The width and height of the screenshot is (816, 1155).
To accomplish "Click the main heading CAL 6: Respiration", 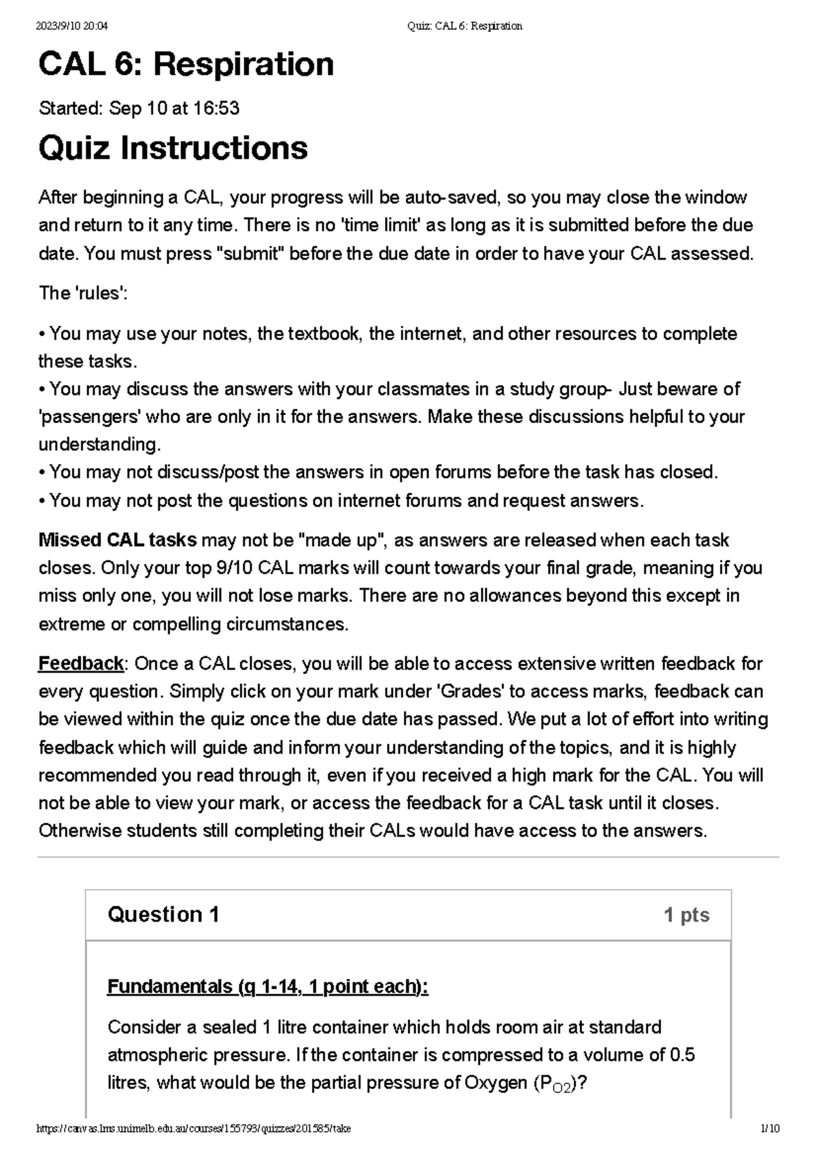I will pyautogui.click(x=186, y=65).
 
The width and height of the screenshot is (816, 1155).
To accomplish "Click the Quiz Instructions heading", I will pyautogui.click(x=173, y=148).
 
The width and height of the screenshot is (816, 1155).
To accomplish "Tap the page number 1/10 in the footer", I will pyautogui.click(x=770, y=1128).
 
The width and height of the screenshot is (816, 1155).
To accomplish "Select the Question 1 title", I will pyautogui.click(x=163, y=914).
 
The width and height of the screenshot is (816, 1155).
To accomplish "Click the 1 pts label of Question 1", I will pyautogui.click(x=686, y=915).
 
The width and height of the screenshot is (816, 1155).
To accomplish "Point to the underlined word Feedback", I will pyautogui.click(x=80, y=663).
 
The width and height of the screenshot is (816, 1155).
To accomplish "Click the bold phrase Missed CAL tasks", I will pyautogui.click(x=117, y=540).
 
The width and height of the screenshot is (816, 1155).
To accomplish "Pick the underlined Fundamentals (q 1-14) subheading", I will pyautogui.click(x=267, y=986).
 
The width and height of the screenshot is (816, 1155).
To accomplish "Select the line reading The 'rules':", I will pyautogui.click(x=83, y=293).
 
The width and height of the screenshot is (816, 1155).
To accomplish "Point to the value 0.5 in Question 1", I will pyautogui.click(x=682, y=1055).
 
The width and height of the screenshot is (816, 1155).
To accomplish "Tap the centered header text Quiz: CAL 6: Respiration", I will pyautogui.click(x=464, y=27).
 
